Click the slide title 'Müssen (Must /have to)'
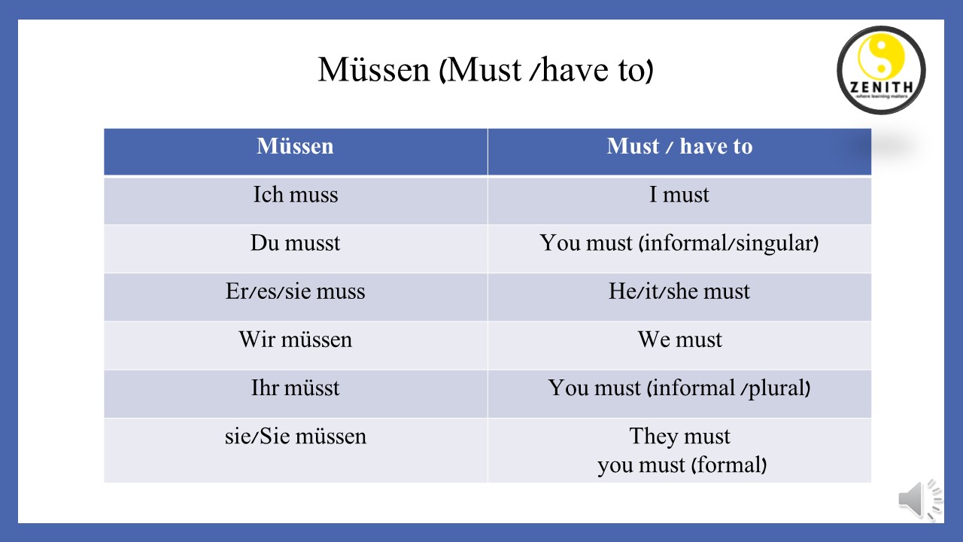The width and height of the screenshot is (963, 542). click(x=485, y=70)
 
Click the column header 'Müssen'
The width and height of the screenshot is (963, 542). click(x=295, y=146)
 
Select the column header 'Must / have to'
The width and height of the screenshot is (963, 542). click(x=679, y=146)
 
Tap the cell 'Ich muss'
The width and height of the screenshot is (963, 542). click(x=295, y=195)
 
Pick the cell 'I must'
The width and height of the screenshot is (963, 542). click(x=679, y=195)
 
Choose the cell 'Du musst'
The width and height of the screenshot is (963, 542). click(x=295, y=243)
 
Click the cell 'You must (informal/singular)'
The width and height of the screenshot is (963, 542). click(x=679, y=243)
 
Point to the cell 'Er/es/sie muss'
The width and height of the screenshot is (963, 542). click(x=295, y=291)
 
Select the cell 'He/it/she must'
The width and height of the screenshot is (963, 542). click(x=679, y=291)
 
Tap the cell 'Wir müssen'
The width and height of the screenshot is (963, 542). click(x=295, y=340)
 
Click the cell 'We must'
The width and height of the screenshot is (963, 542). click(x=679, y=340)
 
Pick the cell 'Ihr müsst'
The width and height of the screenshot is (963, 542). click(x=295, y=388)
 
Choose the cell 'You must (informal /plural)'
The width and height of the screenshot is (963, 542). click(x=679, y=388)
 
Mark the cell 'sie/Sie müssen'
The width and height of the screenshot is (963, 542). click(x=295, y=436)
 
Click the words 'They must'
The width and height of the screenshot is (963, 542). click(x=679, y=436)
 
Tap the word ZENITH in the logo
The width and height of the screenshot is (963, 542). click(x=881, y=85)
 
